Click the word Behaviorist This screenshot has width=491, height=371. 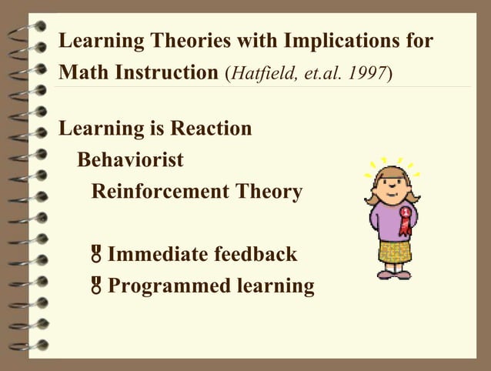130,159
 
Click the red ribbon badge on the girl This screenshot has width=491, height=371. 405,217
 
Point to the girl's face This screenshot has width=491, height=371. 392,186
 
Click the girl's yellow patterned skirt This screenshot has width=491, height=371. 394,251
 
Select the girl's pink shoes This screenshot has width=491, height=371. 392,273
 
